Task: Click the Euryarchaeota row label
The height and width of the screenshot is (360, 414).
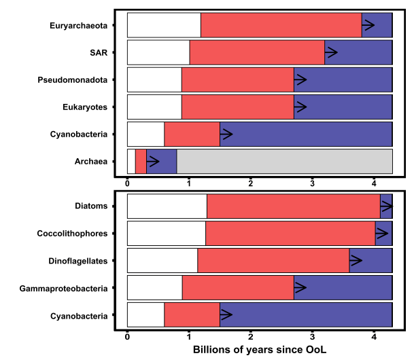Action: [78, 25]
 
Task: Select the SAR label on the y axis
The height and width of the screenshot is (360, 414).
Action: [98, 52]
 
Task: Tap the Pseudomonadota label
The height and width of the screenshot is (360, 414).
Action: [72, 79]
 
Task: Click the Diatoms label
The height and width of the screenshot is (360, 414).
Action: [91, 206]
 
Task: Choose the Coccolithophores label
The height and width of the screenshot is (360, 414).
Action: [72, 234]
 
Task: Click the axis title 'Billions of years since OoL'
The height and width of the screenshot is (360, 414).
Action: [259, 350]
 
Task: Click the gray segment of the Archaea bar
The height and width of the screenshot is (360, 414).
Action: [284, 161]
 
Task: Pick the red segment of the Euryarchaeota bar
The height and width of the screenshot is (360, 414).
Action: [281, 25]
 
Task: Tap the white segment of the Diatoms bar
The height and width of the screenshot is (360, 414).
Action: [167, 206]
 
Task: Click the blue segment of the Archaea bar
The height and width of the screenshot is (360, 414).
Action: [167, 161]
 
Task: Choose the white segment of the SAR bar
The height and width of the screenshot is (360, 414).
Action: [158, 52]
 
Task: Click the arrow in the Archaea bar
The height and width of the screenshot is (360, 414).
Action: [153, 161]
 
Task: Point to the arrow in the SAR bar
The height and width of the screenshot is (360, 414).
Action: [331, 52]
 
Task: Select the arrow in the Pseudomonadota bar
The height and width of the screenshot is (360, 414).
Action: [300, 79]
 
